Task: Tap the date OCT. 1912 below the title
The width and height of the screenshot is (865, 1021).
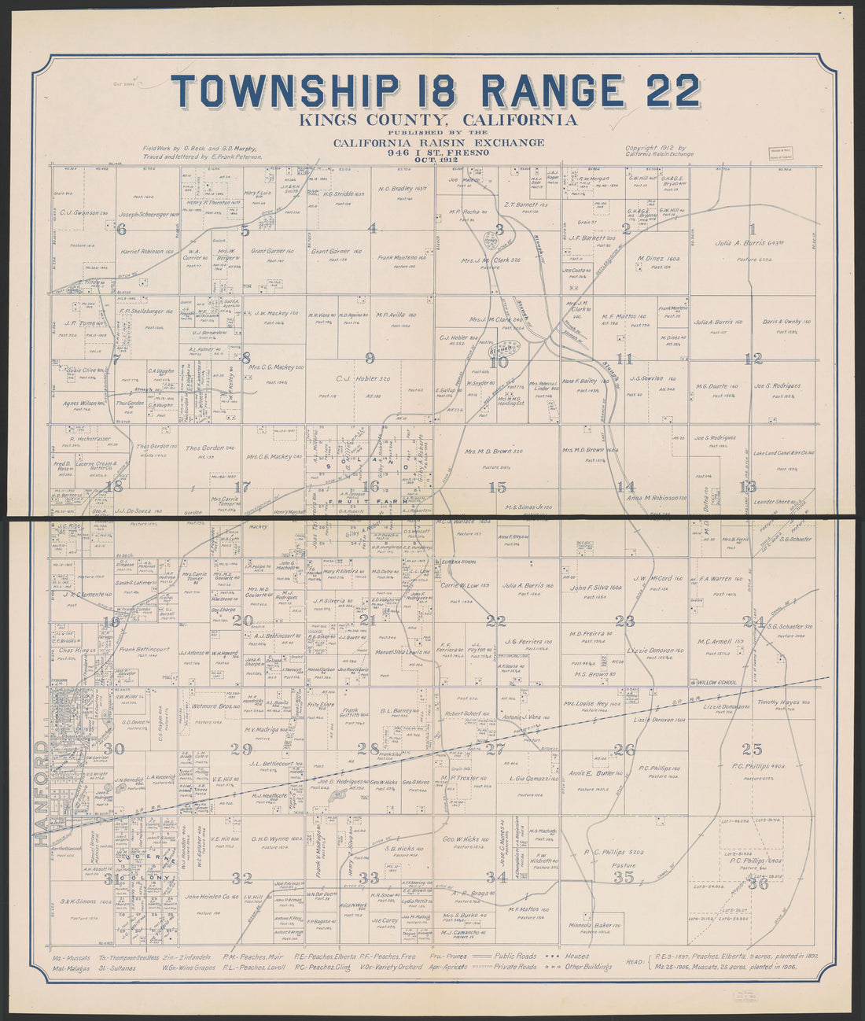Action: click(x=438, y=160)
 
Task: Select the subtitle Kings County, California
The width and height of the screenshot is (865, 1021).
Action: click(x=437, y=120)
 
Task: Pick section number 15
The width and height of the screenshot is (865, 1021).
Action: click(x=497, y=487)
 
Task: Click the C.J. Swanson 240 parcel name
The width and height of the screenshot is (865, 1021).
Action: click(x=84, y=212)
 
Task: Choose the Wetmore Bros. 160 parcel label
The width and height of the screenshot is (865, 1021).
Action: click(x=215, y=707)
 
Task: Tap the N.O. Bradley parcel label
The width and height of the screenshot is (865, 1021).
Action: click(x=407, y=189)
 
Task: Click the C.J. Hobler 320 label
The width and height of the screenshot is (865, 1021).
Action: click(x=363, y=378)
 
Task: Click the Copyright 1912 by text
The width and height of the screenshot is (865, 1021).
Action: click(x=656, y=147)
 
